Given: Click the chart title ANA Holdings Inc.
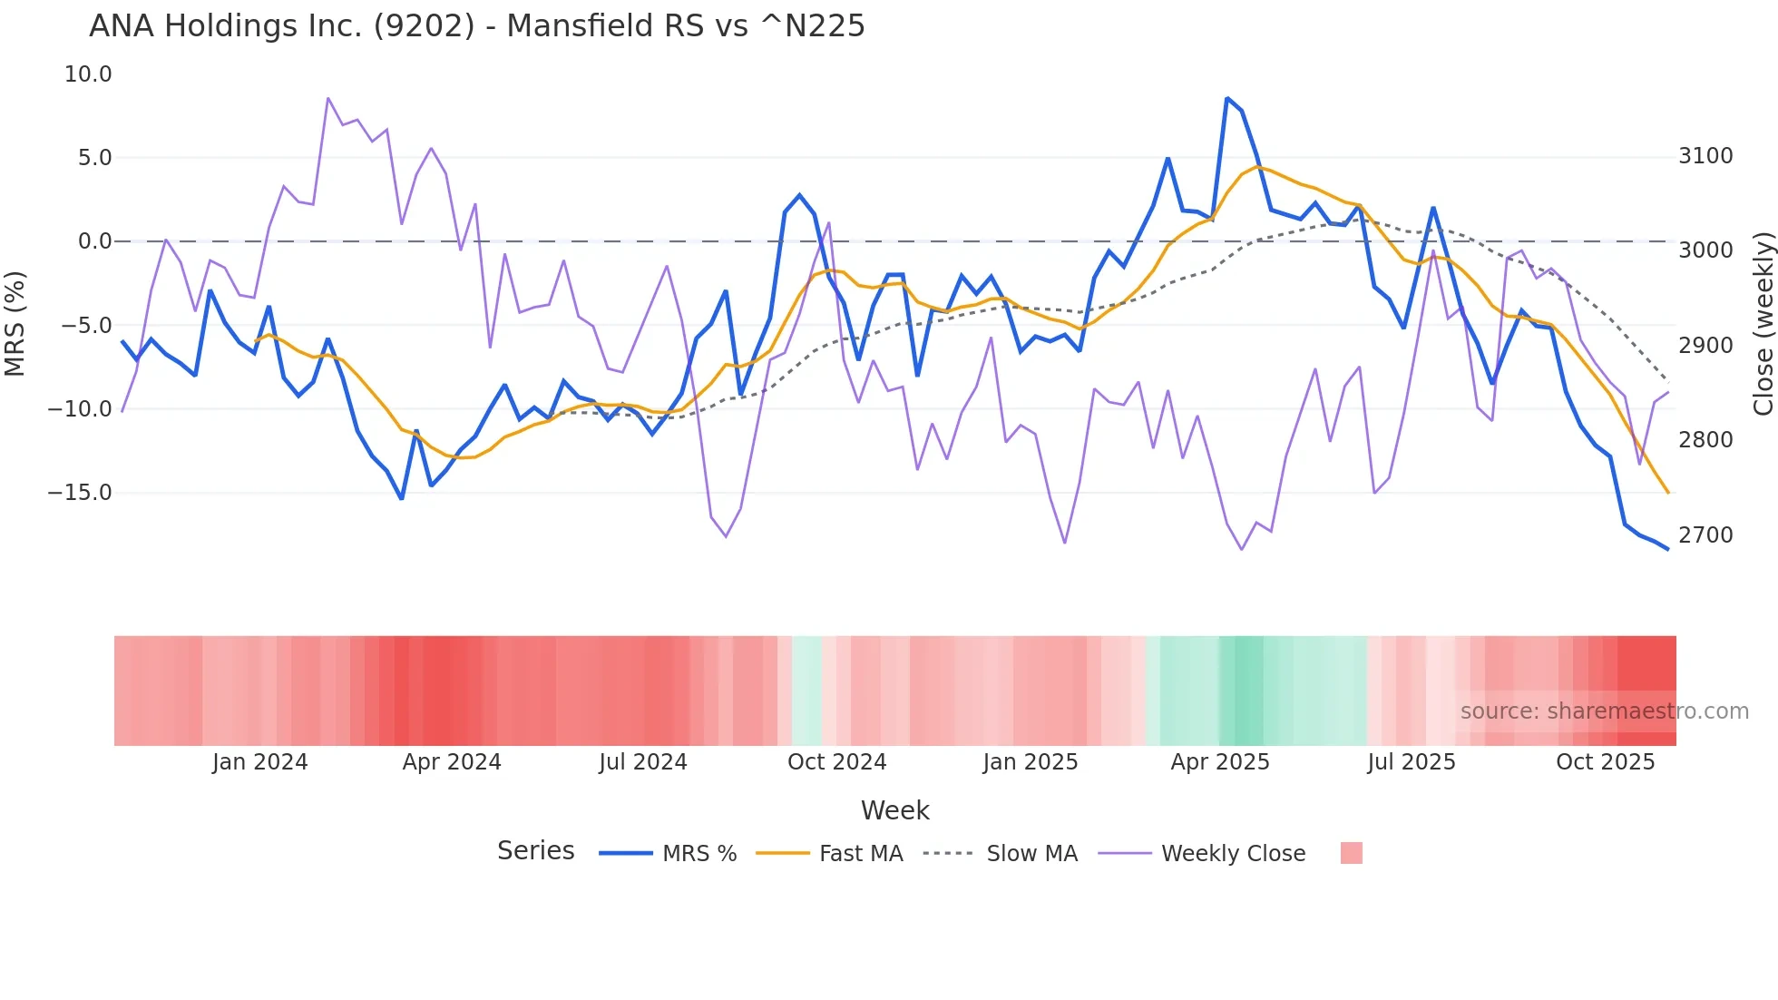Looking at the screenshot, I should (476, 26).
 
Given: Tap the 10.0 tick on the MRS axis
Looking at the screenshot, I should (88, 74).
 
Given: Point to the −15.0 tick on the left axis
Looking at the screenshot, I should (80, 493).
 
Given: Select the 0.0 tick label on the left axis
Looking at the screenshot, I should (94, 241).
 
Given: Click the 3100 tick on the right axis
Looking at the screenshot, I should (1705, 156).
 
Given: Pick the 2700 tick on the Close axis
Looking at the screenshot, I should (1705, 535).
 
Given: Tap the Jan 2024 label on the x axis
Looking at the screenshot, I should (260, 762).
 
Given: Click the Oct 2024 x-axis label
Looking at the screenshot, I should (836, 762).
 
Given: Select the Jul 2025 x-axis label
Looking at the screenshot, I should (1412, 762).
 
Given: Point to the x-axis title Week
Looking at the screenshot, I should (894, 810).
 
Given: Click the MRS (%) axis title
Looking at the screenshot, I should (15, 324).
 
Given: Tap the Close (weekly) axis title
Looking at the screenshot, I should (1763, 324).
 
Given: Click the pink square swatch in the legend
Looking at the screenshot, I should (1351, 853).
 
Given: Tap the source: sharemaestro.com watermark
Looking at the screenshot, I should (1604, 711).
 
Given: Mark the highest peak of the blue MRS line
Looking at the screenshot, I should (1226, 98).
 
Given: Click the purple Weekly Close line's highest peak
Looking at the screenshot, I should (327, 98).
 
